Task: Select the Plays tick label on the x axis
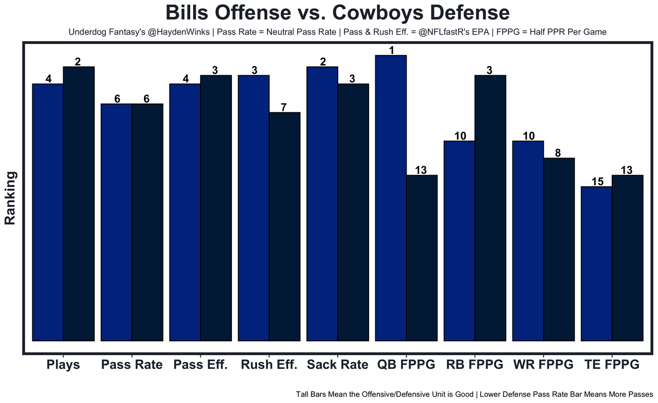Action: pyautogui.click(x=63, y=365)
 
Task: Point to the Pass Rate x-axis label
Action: pyautogui.click(x=132, y=365)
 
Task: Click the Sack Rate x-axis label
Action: pyautogui.click(x=338, y=365)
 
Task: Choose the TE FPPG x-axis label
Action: pyautogui.click(x=612, y=365)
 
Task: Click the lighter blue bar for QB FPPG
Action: pyautogui.click(x=391, y=198)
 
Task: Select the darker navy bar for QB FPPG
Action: pyautogui.click(x=422, y=258)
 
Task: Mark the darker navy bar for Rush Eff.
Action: pyautogui.click(x=284, y=226)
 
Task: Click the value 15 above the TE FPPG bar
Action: pyautogui.click(x=596, y=182)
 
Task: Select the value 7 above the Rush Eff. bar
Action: pyautogui.click(x=284, y=108)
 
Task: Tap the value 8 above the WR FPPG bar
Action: pyautogui.click(x=558, y=153)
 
